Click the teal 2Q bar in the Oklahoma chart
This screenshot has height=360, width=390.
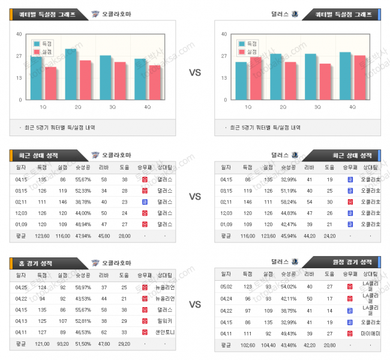[70, 74]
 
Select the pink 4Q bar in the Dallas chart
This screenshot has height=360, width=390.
[359, 77]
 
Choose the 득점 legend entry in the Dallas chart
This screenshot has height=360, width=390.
[247, 44]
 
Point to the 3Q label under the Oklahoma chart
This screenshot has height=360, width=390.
[112, 107]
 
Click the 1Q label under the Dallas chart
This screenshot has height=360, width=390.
[248, 107]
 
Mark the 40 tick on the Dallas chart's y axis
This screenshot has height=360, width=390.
[224, 34]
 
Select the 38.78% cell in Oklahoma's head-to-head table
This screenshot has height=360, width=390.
[83, 202]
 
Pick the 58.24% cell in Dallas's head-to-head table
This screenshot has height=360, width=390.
[289, 202]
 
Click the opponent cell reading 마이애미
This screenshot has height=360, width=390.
[370, 333]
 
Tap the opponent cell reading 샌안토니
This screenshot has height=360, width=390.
[165, 332]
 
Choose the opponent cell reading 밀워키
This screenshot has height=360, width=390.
[165, 321]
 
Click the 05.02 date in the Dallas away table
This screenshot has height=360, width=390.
[226, 287]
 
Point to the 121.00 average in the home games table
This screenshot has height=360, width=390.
[42, 343]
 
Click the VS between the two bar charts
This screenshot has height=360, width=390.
[195, 73]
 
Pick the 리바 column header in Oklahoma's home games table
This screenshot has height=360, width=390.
[104, 275]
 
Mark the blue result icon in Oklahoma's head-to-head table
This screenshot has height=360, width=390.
[145, 202]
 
